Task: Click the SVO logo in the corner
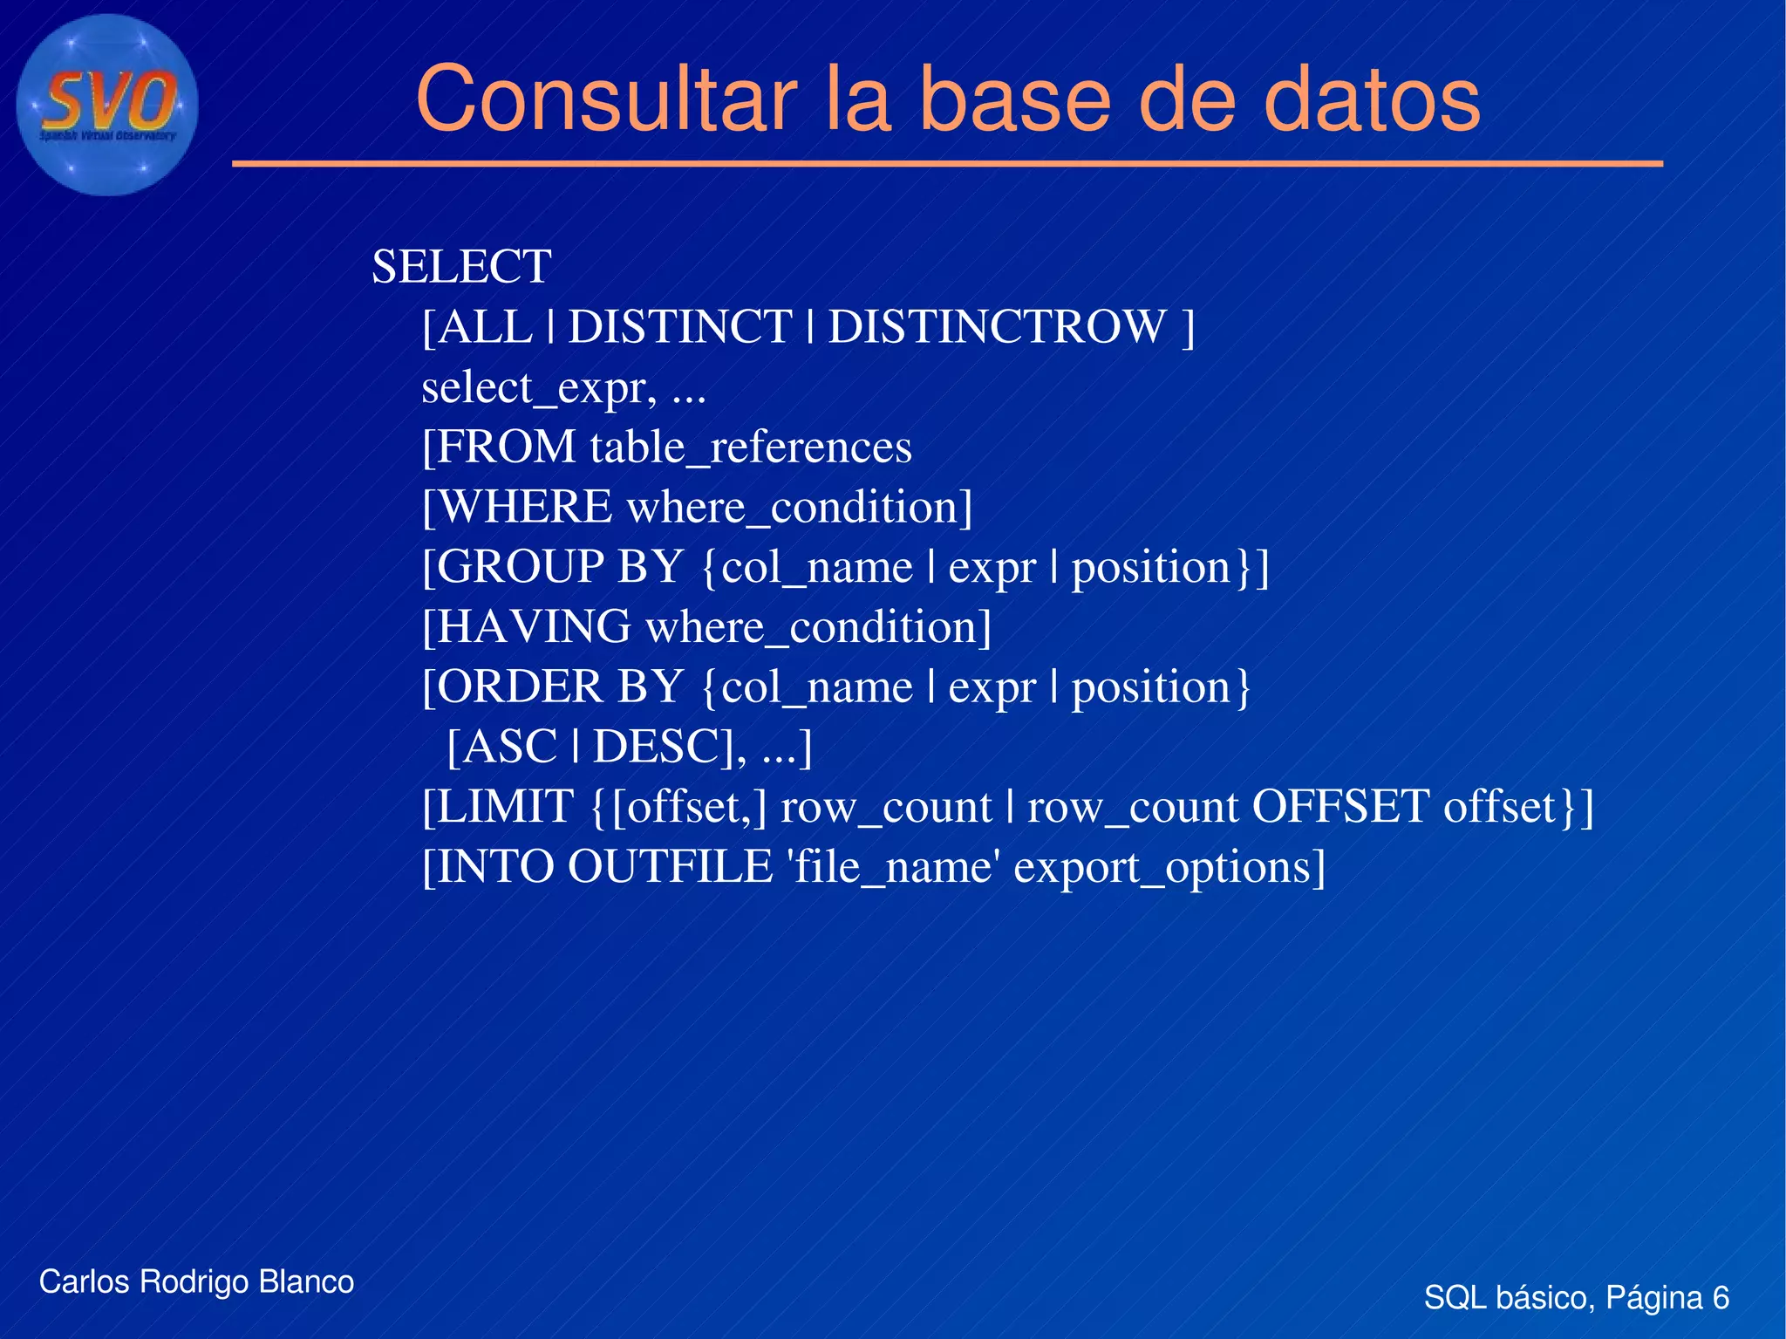[107, 105]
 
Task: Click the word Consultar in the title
[606, 99]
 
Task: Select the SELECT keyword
[461, 267]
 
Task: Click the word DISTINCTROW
[997, 327]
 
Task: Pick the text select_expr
[537, 387]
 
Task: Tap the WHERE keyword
[525, 508]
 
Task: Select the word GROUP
[520, 567]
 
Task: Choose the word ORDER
[520, 687]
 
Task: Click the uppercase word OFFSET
[1340, 807]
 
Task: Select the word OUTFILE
[670, 867]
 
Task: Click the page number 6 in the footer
[1721, 1298]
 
